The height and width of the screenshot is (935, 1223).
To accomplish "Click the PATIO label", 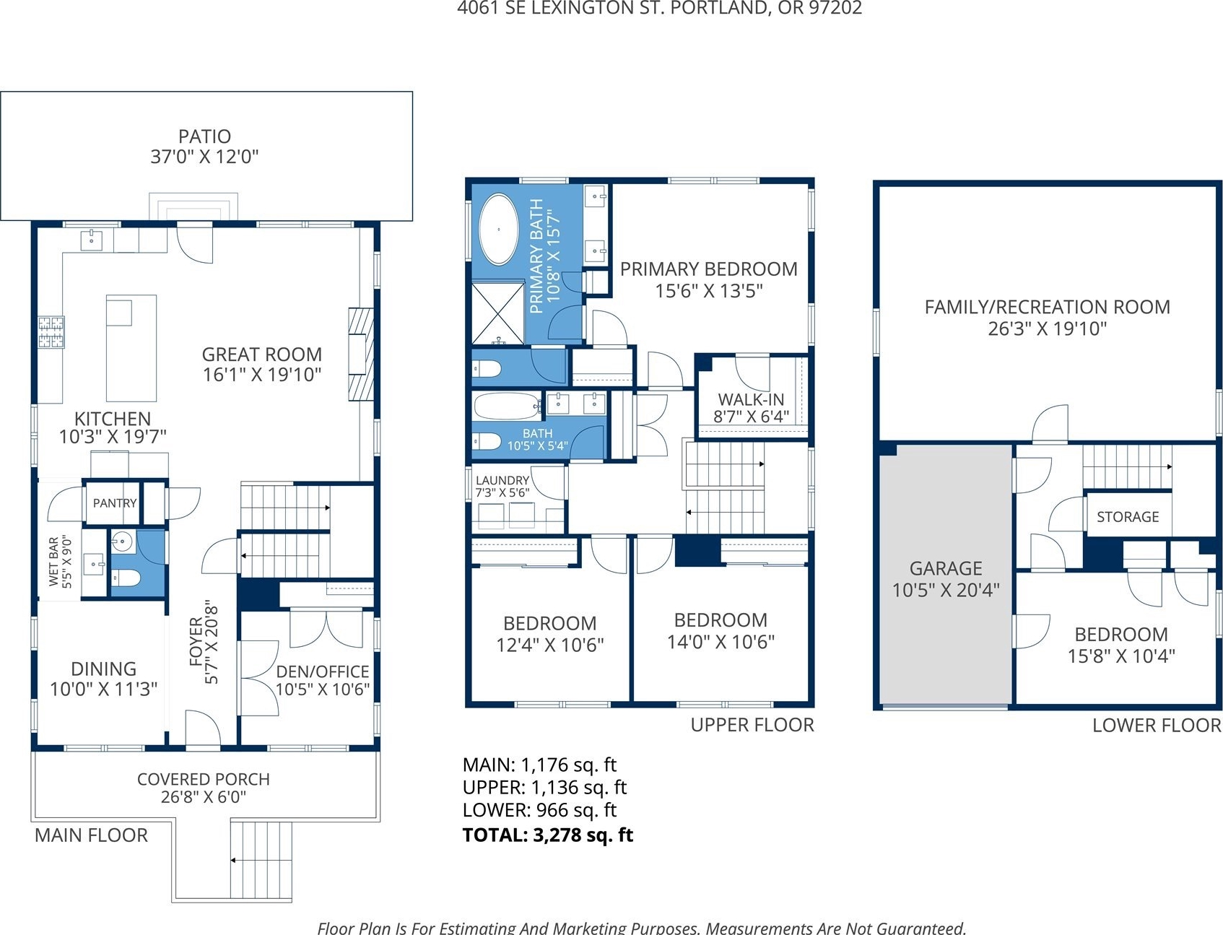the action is click(205, 136).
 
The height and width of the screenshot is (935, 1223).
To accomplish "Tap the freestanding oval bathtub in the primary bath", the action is click(499, 229).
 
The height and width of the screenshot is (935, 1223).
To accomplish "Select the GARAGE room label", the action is click(946, 568).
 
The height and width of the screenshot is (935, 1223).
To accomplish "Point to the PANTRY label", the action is click(115, 503).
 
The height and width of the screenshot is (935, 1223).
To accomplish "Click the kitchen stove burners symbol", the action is click(51, 332).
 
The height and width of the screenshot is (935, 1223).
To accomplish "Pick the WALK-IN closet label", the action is click(751, 399).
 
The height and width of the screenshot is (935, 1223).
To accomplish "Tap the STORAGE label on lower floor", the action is click(1128, 517).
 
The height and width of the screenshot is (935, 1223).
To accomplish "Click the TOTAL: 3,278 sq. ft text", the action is click(548, 835).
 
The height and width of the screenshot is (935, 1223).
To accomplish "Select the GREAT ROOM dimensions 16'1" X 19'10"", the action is click(262, 374).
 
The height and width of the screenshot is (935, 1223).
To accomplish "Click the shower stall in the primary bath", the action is click(498, 313).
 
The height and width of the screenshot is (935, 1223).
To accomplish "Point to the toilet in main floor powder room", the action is click(126, 578).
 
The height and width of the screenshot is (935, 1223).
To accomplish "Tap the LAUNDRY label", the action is click(502, 480).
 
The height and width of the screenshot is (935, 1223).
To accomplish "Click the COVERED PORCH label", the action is click(204, 779).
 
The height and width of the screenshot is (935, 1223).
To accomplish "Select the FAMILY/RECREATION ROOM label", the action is click(1048, 307).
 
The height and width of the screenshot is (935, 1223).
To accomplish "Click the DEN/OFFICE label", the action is click(323, 671).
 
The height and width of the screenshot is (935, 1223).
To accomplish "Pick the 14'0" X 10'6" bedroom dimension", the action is click(721, 642).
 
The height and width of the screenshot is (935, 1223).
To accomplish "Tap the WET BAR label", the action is click(53, 561).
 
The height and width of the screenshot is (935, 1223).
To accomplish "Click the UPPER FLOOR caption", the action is click(752, 725).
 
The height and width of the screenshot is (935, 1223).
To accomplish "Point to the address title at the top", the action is click(660, 8).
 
